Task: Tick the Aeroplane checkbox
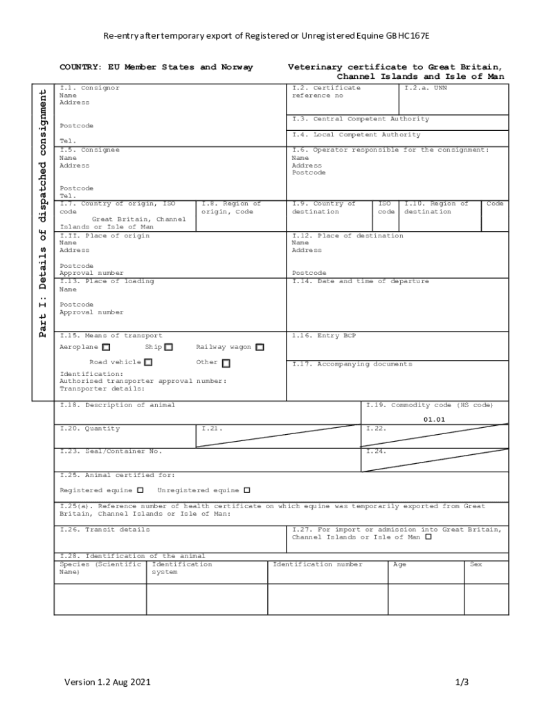pos(106,348)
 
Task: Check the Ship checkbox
pos(168,348)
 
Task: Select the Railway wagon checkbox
pos(260,348)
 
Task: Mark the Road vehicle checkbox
pos(148,362)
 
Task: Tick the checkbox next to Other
pos(226,363)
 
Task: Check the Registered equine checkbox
pos(141,490)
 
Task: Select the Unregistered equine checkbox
pos(246,490)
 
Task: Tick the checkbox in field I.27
pos(428,537)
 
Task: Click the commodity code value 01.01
pos(434,420)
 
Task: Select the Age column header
pos(399,564)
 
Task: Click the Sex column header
pos(476,564)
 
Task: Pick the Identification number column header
pos(317,564)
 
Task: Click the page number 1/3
pos(462,682)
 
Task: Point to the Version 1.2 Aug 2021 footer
pos(107,682)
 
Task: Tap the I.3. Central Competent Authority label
pos(360,119)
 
